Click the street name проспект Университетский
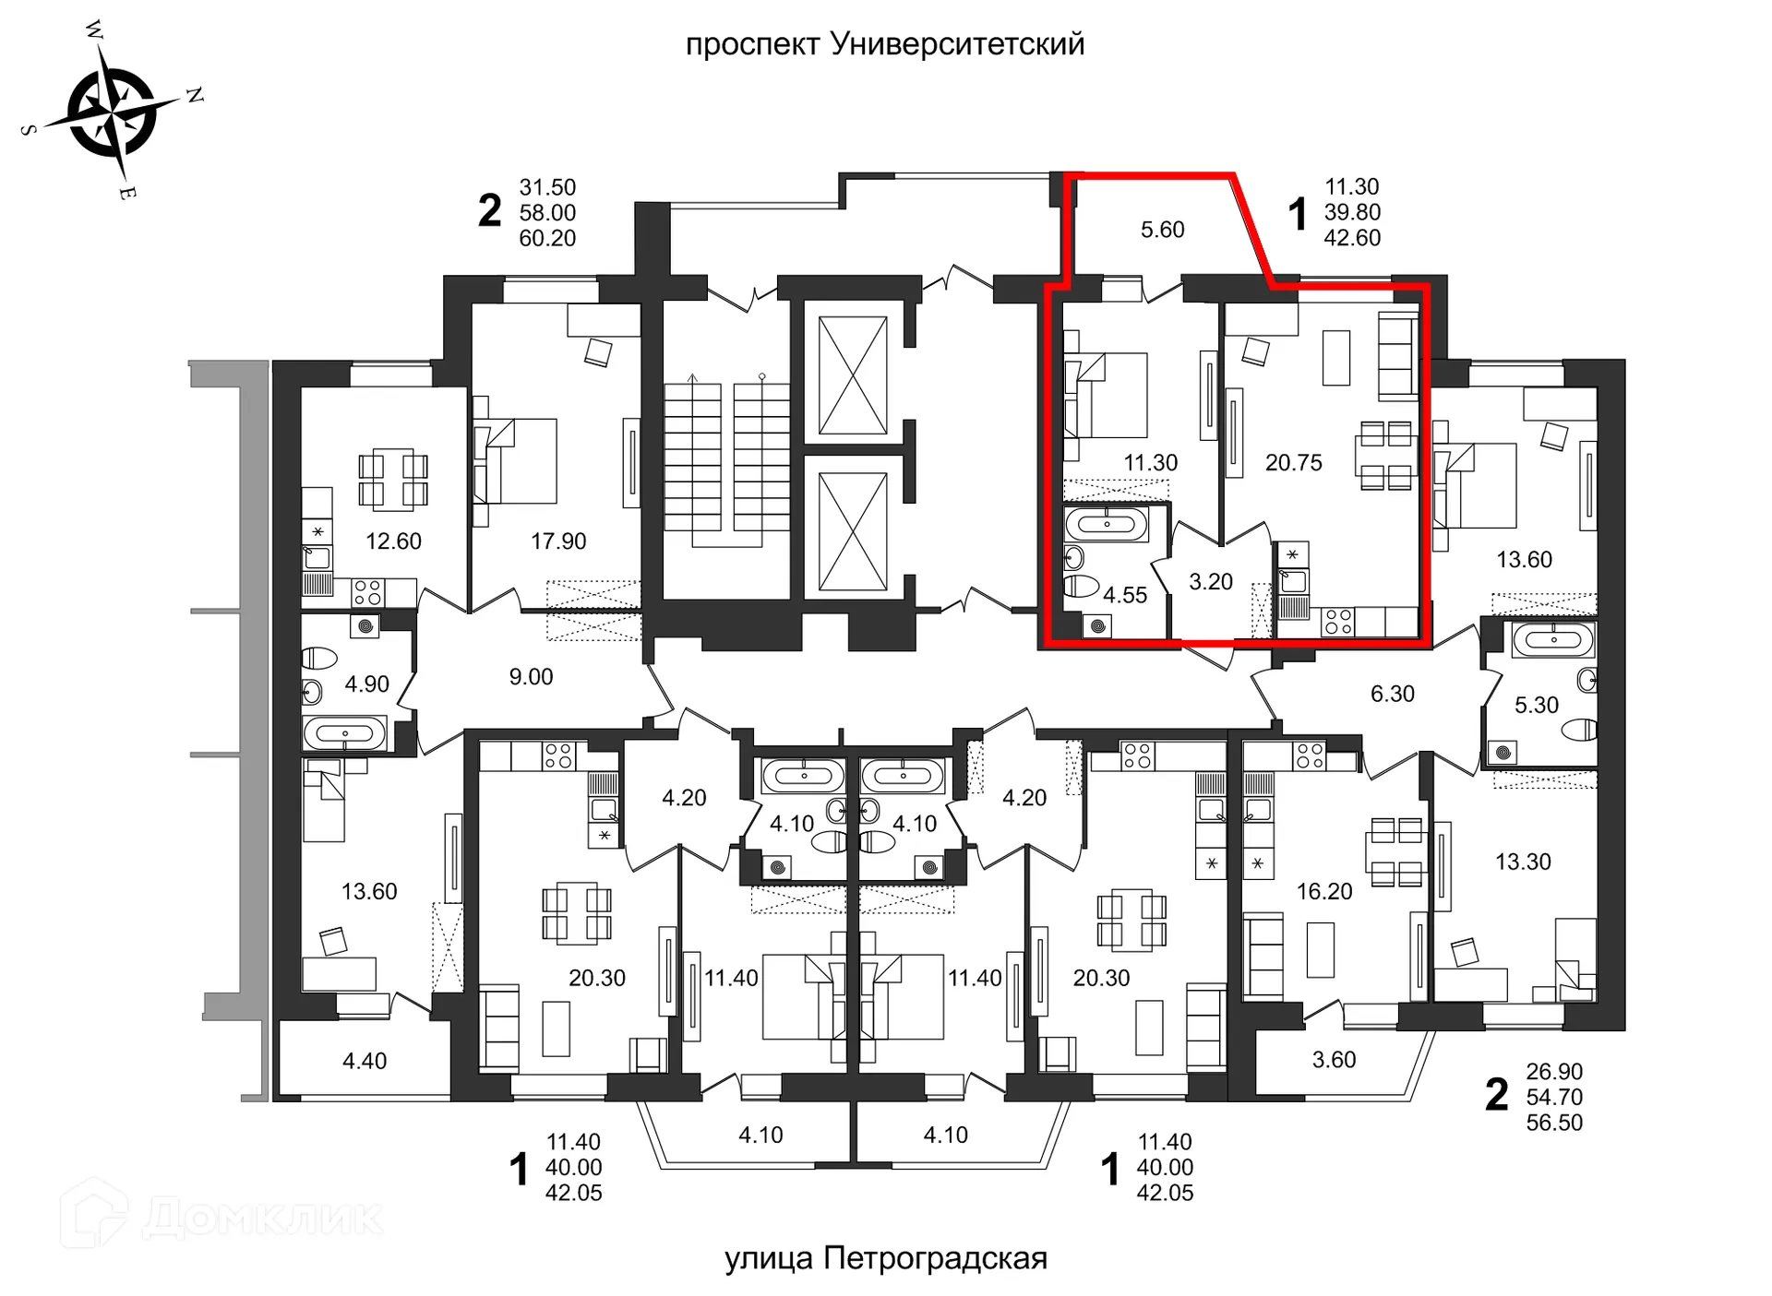click(884, 44)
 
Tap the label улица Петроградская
click(885, 1258)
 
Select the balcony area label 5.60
click(1162, 230)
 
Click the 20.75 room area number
click(1293, 463)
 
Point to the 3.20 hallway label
click(1211, 582)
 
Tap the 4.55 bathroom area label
click(1125, 596)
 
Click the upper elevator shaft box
click(853, 375)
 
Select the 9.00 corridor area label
click(531, 677)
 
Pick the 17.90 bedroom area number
click(558, 541)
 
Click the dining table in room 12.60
click(393, 480)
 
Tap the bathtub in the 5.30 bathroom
click(1553, 639)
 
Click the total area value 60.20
click(547, 239)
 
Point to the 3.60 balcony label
click(1334, 1060)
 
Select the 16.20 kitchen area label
click(1323, 892)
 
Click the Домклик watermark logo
click(221, 1216)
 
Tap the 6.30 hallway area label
click(1392, 694)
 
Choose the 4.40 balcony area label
click(365, 1062)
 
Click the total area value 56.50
click(1554, 1124)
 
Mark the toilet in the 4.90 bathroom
click(320, 658)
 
